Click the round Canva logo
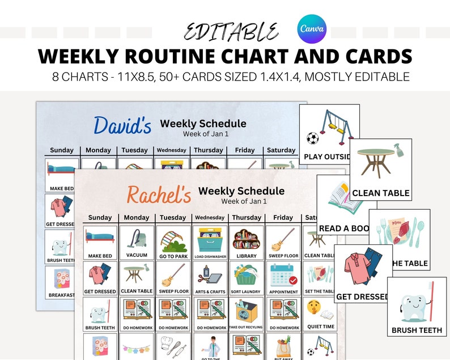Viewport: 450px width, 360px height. click(312, 29)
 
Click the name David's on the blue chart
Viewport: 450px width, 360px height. click(122, 125)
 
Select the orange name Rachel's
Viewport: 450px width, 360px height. click(159, 194)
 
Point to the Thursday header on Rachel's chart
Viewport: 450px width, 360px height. click(247, 218)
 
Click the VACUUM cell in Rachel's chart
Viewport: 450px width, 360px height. click(137, 242)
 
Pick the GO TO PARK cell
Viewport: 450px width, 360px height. click(173, 242)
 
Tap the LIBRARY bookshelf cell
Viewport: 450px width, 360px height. click(247, 242)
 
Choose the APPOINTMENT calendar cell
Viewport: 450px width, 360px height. click(283, 278)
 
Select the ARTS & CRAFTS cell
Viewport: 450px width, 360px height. click(210, 278)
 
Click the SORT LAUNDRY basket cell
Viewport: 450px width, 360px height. click(247, 278)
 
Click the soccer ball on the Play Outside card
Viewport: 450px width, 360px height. click(312, 138)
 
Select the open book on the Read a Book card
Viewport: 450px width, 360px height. click(338, 197)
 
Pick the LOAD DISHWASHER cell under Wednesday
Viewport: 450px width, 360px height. click(210, 242)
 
